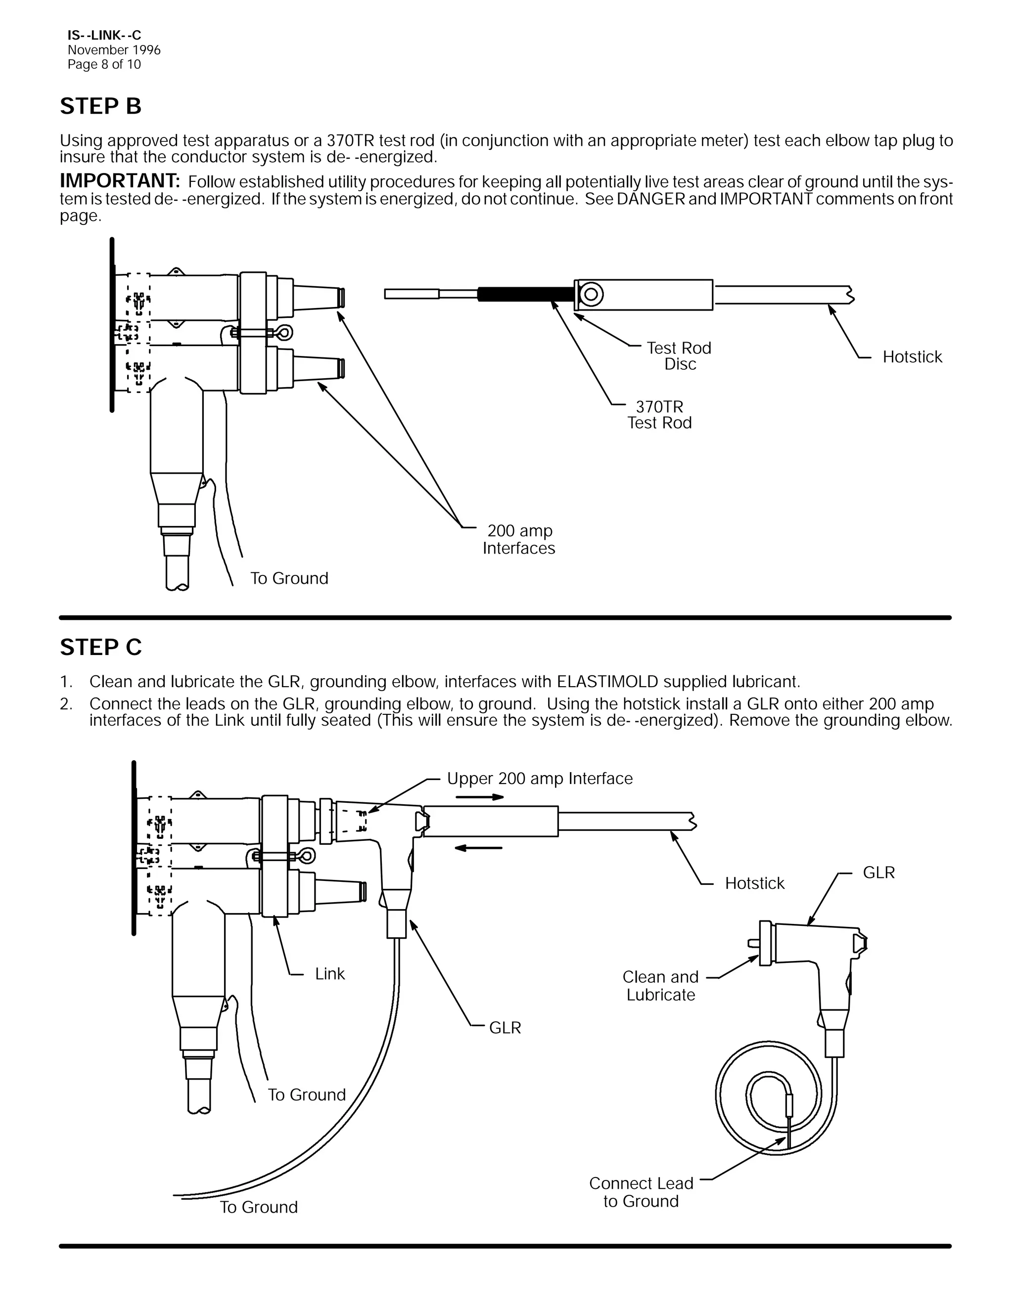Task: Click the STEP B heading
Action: (x=101, y=106)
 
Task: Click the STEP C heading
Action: (x=101, y=647)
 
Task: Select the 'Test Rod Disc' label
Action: (x=679, y=356)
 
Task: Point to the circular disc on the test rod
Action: (x=591, y=295)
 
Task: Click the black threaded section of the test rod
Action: (x=525, y=295)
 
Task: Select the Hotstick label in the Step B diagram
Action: (x=912, y=357)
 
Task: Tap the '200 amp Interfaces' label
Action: (x=519, y=539)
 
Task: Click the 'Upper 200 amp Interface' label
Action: (x=540, y=779)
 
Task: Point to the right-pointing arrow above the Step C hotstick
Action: (x=479, y=797)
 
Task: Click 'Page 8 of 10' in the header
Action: (x=104, y=64)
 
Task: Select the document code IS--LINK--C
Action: (x=104, y=36)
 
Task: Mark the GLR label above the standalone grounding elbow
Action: (x=878, y=873)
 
